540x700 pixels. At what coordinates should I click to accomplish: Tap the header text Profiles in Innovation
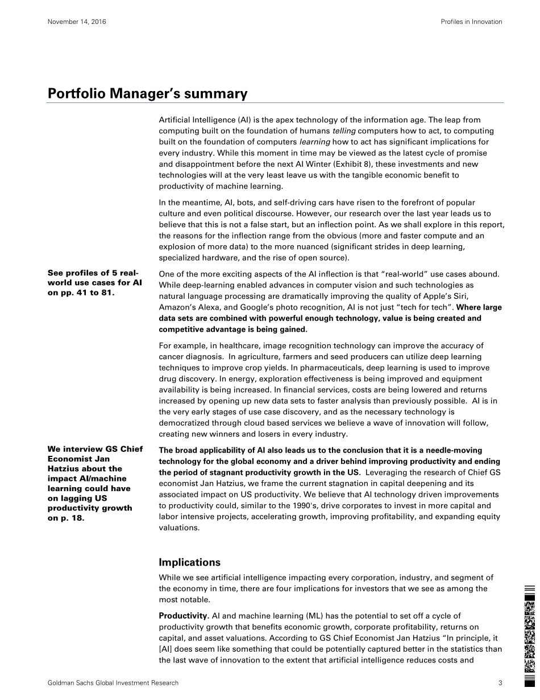tap(471, 22)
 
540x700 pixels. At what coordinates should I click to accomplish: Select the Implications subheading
tap(189, 562)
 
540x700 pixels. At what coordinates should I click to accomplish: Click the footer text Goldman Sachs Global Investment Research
tap(113, 682)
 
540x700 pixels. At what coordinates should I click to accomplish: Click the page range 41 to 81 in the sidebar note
tap(89, 293)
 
